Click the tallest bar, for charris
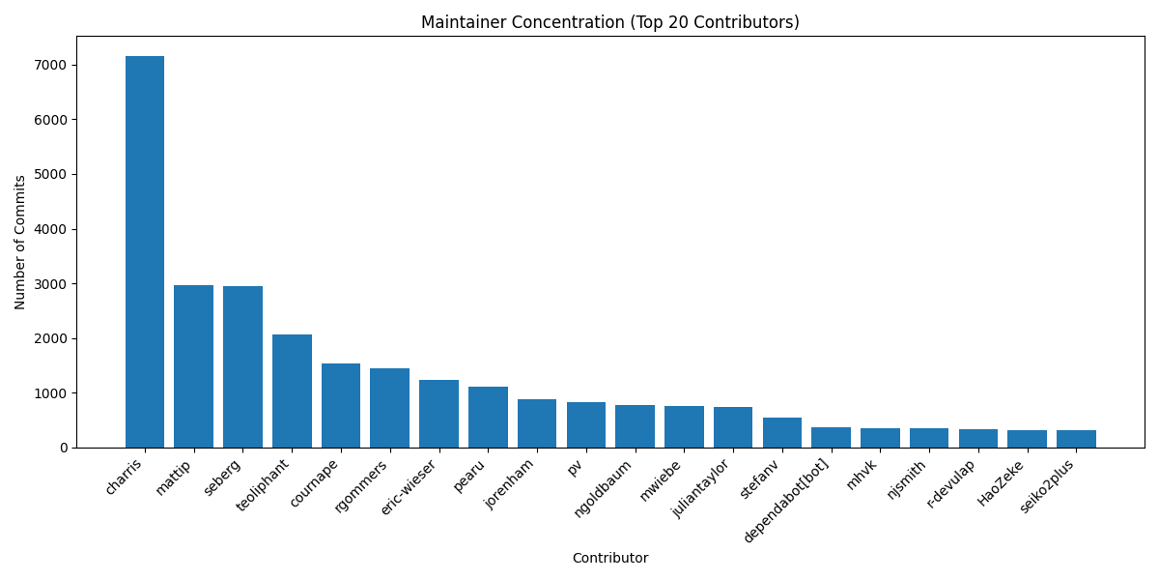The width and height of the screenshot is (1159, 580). click(145, 251)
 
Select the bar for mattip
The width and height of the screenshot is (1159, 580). click(193, 366)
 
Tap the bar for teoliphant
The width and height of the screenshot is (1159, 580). click(292, 391)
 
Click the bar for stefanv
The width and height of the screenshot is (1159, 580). click(782, 432)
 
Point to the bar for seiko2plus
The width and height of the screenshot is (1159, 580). click(1076, 439)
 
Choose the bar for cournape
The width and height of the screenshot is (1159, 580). click(341, 405)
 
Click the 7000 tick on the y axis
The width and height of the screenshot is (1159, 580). click(52, 65)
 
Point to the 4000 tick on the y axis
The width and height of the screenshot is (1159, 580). click(52, 229)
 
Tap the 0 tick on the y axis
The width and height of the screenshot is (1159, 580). click(64, 448)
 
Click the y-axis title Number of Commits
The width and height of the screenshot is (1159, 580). click(20, 242)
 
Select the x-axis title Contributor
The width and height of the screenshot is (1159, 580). click(609, 558)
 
